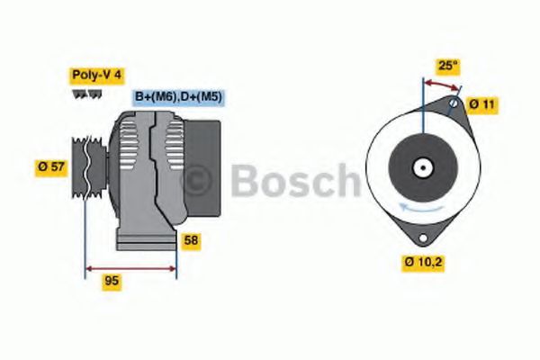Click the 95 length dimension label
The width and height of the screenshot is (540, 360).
pos(112,281)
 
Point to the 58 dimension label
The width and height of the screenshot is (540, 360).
pos(191,241)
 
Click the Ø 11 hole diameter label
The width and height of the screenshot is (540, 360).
pos(481,104)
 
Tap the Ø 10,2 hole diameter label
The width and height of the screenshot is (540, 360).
pos(423,264)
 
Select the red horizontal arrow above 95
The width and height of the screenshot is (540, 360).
pos(130,267)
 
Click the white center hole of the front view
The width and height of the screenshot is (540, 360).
pos(421,166)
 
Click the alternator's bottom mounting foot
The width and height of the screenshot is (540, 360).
pos(144,240)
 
